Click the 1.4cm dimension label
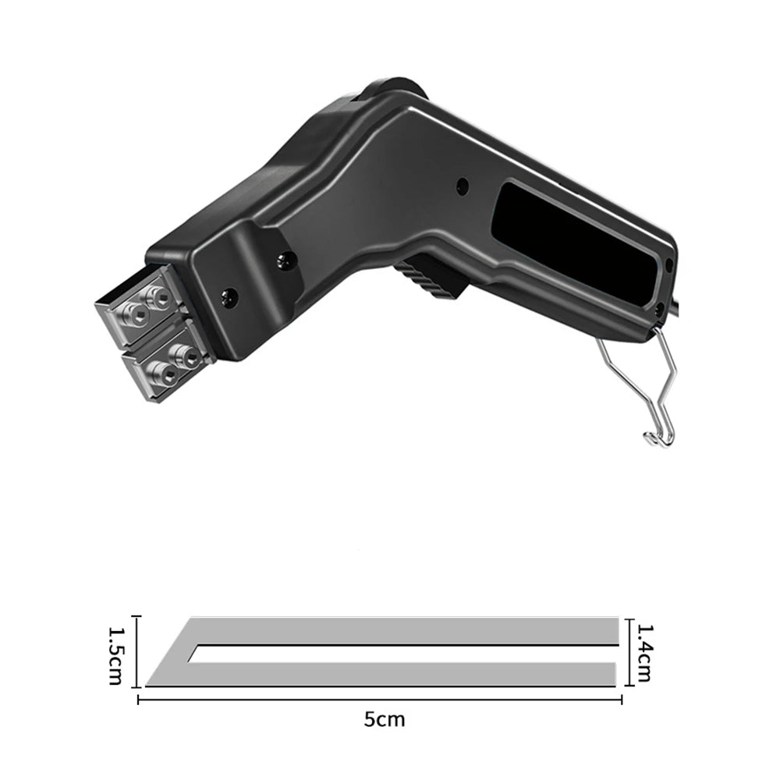click(x=644, y=653)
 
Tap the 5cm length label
click(x=384, y=720)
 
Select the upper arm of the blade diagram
click(x=403, y=631)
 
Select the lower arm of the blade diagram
click(x=383, y=674)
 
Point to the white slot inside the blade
click(x=403, y=654)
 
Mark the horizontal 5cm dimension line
click(x=380, y=700)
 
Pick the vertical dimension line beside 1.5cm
click(x=138, y=651)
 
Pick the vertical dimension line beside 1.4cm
click(x=630, y=652)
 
